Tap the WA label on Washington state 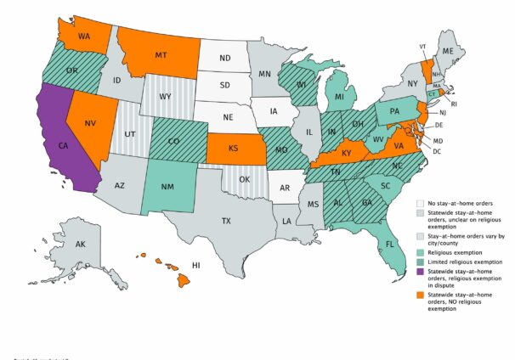[84, 37]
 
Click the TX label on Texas [225, 221]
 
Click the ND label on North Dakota [226, 59]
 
